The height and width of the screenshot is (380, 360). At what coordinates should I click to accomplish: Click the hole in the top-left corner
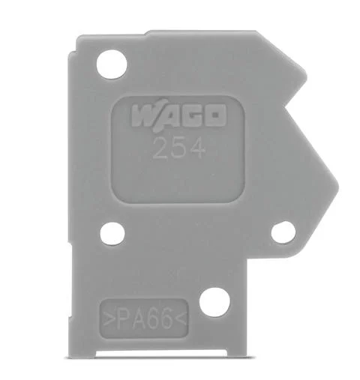pos(112,61)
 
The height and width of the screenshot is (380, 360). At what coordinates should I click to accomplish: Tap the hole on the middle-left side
pos(112,233)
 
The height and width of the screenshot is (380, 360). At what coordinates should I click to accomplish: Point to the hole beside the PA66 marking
pos(215,300)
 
